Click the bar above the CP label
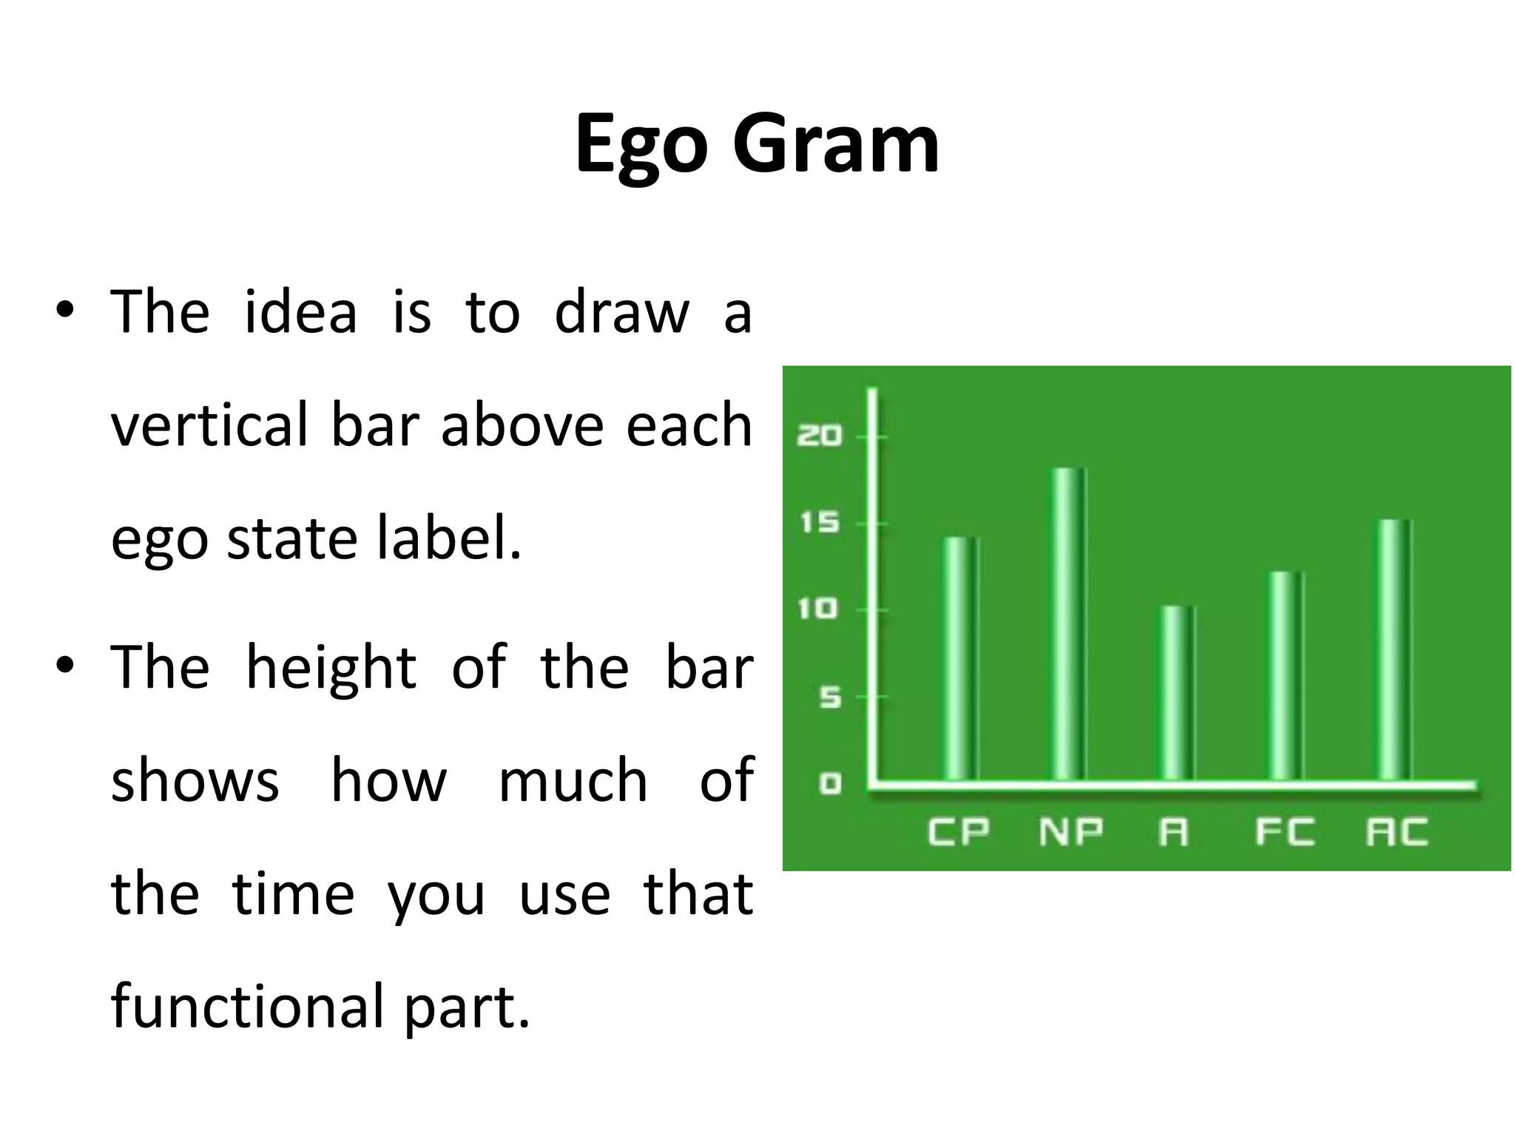click(960, 658)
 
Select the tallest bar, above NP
click(1067, 625)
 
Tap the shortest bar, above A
click(1176, 693)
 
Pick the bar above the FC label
click(1285, 676)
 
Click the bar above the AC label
click(1394, 650)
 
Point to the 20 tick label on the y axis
click(819, 436)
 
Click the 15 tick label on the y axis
click(820, 523)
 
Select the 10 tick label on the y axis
click(818, 609)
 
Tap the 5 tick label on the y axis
click(830, 697)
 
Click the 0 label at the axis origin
click(830, 783)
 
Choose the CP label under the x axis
click(959, 832)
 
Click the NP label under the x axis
click(1070, 832)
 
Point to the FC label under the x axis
click(1285, 832)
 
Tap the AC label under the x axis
click(1397, 832)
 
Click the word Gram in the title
click(836, 144)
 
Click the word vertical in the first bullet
click(209, 425)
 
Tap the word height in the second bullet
click(331, 668)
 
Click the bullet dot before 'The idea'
click(65, 311)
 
